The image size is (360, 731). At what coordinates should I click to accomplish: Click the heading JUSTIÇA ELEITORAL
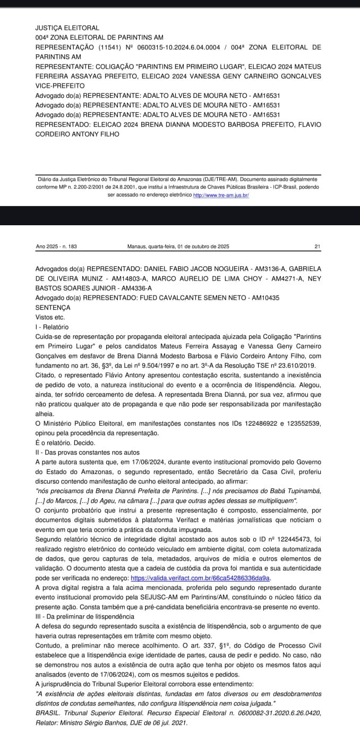pyautogui.click(x=67, y=28)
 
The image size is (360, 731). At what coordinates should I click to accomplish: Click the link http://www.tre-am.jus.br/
pyautogui.click(x=221, y=195)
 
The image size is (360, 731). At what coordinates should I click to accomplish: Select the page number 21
pyautogui.click(x=318, y=246)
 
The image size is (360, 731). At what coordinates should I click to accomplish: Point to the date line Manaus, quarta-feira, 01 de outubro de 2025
pyautogui.click(x=178, y=246)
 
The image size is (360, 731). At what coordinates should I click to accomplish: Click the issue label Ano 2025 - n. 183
pyautogui.click(x=56, y=246)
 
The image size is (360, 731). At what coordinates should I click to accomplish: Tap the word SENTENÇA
pyautogui.click(x=53, y=308)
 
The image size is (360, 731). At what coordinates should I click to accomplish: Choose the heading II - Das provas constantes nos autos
pyautogui.click(x=87, y=453)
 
